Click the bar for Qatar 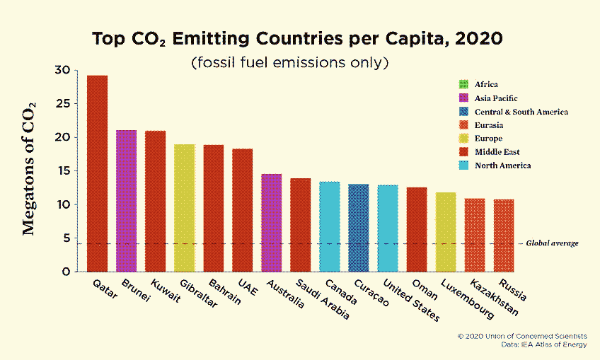click(x=97, y=173)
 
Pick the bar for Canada click(x=329, y=226)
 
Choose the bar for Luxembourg click(x=445, y=232)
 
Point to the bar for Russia click(x=503, y=236)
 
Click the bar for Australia click(x=271, y=223)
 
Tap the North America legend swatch click(x=464, y=166)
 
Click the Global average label click(x=552, y=243)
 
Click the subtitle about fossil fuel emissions click(x=290, y=62)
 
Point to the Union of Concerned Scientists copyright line click(x=522, y=336)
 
